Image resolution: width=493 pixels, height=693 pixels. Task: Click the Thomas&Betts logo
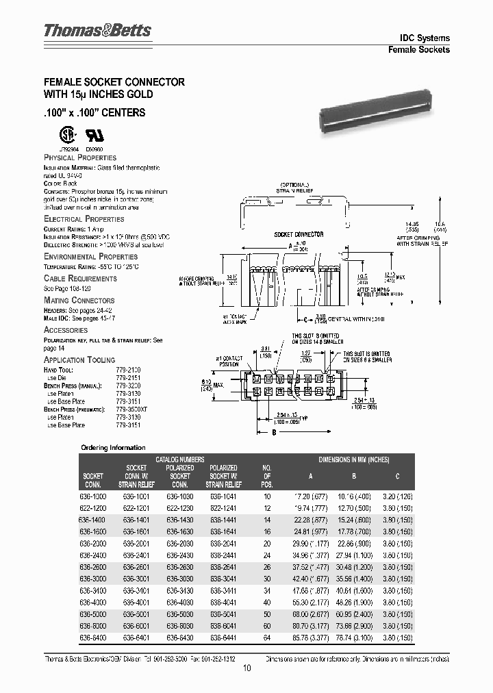[x=97, y=31]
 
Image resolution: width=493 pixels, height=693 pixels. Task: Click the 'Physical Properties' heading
[x=80, y=157]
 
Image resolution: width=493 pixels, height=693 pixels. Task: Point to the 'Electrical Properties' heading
[x=84, y=219]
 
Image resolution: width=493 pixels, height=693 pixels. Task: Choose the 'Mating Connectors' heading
[x=79, y=300]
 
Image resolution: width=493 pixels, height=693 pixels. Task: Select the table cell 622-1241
[x=223, y=509]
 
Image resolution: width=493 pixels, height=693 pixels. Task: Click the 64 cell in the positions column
[x=267, y=639]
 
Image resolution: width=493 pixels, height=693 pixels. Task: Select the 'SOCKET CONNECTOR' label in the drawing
[x=299, y=234]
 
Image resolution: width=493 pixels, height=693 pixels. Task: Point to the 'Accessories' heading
[x=66, y=329]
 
